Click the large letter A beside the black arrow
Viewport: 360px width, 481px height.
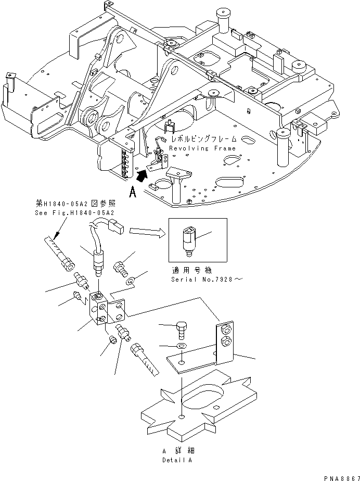point(133,193)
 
